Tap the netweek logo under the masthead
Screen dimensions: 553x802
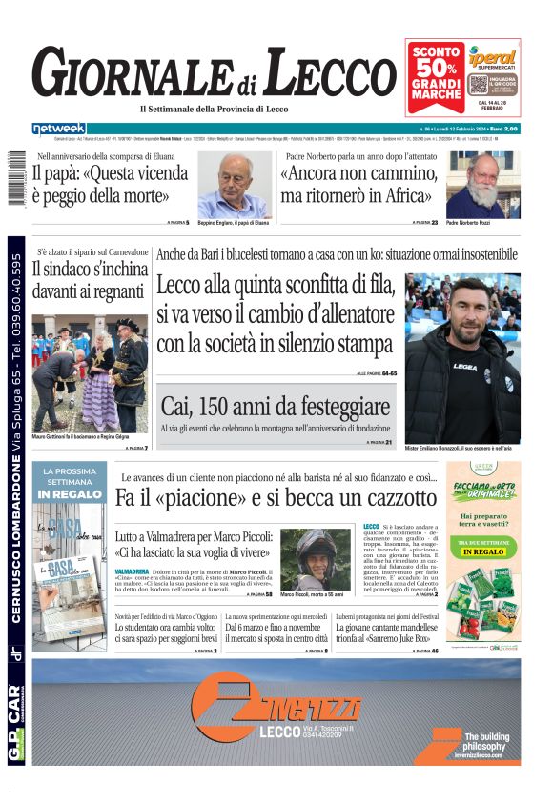tap(58, 128)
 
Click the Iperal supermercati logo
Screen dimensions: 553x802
tap(492, 60)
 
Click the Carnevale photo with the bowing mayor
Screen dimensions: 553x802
tap(90, 373)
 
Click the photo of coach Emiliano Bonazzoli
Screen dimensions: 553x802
tap(461, 357)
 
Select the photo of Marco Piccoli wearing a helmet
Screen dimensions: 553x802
tap(316, 559)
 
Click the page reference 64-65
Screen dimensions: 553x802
tap(389, 373)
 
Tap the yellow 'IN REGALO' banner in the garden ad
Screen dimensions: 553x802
tap(482, 551)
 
